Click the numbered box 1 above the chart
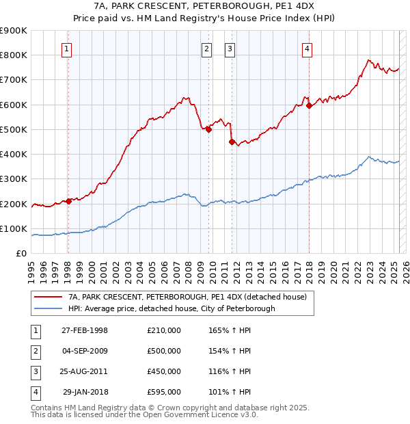click(67, 49)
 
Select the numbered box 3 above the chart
click(230, 49)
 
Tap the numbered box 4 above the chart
click(307, 49)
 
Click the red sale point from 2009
click(208, 129)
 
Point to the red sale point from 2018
click(309, 105)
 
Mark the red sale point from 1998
click(69, 201)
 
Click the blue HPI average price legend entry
click(172, 308)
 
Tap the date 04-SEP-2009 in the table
click(85, 351)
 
